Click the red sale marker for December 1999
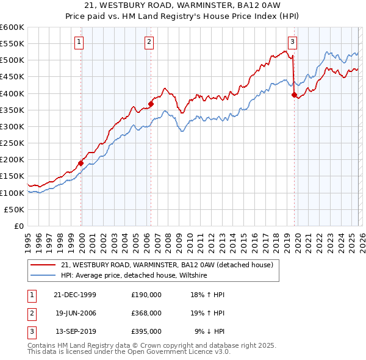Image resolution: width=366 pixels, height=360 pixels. pyautogui.click(x=81, y=163)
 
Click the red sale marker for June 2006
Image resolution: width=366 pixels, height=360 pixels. pyautogui.click(x=151, y=104)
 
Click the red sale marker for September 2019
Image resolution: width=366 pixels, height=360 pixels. pyautogui.click(x=294, y=95)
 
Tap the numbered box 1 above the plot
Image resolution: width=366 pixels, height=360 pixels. pyautogui.click(x=80, y=42)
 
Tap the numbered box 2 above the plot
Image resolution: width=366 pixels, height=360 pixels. pyautogui.click(x=149, y=42)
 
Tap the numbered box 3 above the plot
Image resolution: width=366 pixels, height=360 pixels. pyautogui.click(x=292, y=42)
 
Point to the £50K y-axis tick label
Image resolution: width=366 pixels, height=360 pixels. pyautogui.click(x=15, y=209)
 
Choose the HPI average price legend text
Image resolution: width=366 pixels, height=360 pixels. pyautogui.click(x=134, y=276)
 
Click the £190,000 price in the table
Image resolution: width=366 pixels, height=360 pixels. pyautogui.click(x=146, y=294)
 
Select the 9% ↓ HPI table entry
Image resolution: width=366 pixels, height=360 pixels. pyautogui.click(x=210, y=331)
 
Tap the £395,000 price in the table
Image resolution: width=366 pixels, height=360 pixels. pyautogui.click(x=146, y=331)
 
